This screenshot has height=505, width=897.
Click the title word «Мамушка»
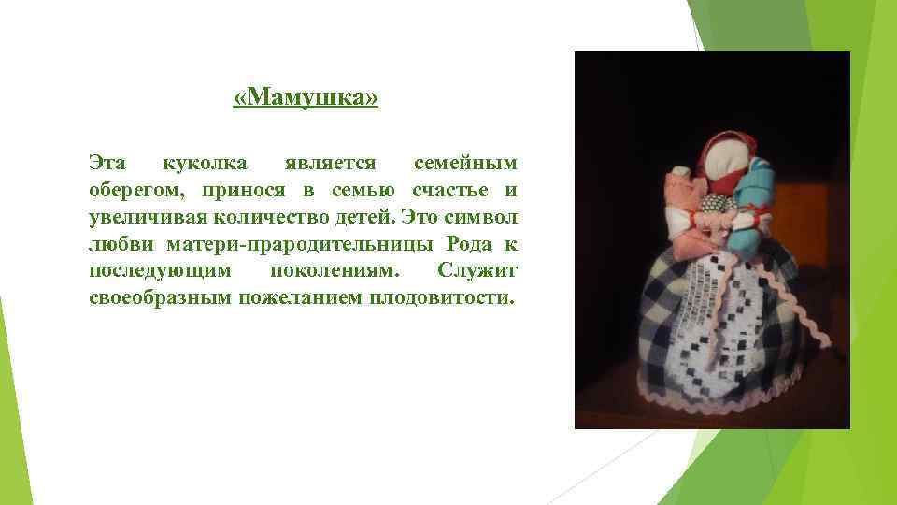[x=306, y=98]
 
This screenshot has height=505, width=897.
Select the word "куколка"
[x=205, y=164]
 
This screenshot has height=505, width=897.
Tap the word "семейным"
[x=464, y=164]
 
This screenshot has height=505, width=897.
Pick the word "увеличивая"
[x=146, y=219]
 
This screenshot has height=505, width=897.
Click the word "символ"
[x=483, y=219]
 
